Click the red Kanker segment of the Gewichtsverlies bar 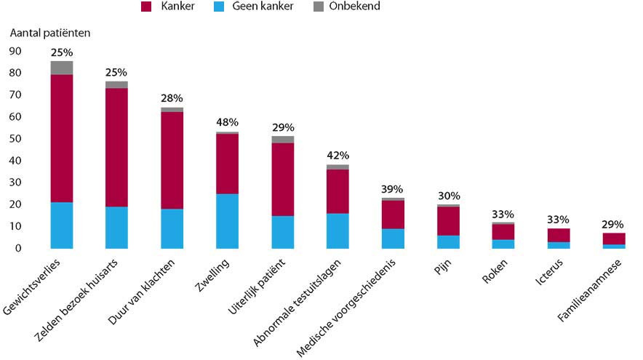(x=62, y=138)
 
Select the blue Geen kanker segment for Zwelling (x=227, y=221)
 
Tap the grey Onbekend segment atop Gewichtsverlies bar (x=62, y=68)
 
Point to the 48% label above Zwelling (x=227, y=122)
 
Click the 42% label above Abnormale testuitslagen (x=338, y=155)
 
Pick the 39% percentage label (x=393, y=189)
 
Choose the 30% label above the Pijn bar (x=449, y=196)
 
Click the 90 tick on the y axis (x=15, y=51)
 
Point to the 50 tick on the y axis (x=15, y=139)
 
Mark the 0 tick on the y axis (x=18, y=248)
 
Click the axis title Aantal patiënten (x=50, y=33)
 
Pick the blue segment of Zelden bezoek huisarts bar (x=116, y=228)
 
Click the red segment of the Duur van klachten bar (x=172, y=160)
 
